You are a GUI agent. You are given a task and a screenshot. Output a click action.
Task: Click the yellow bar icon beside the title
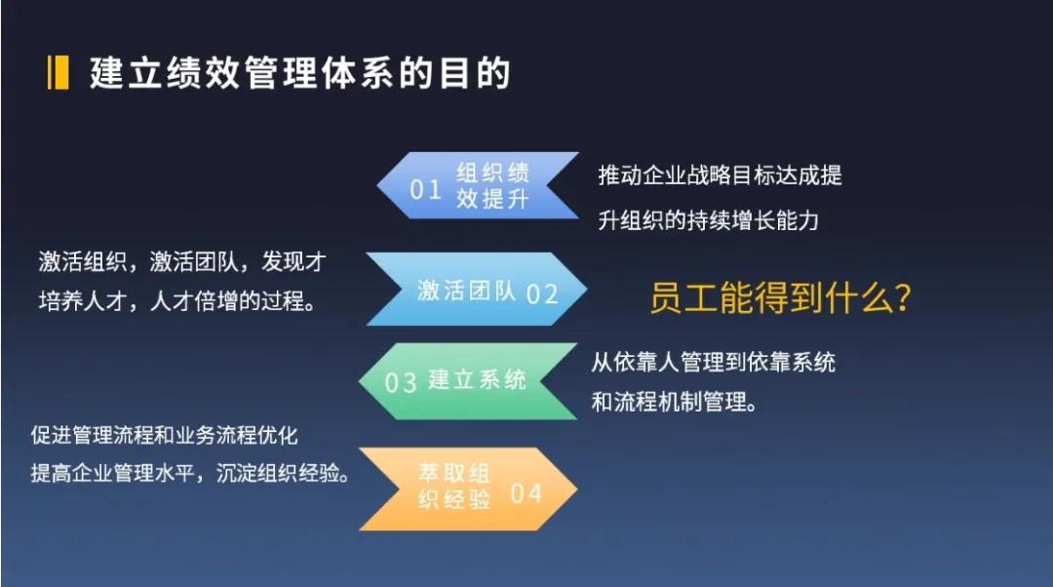tap(58, 72)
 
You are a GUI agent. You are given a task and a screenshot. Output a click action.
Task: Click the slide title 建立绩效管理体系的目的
tap(300, 72)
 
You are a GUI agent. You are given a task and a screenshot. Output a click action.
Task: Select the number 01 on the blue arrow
tap(426, 190)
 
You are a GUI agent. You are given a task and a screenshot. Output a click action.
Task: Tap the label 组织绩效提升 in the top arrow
tap(493, 186)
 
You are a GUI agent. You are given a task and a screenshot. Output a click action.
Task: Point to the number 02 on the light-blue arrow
tap(542, 294)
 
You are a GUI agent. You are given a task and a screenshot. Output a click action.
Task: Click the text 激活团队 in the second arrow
tap(467, 291)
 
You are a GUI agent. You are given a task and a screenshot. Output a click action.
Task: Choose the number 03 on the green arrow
tap(401, 383)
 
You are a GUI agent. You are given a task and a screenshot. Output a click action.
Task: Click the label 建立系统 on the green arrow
tap(478, 380)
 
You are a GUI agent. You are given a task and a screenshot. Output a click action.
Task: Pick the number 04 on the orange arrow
tap(526, 493)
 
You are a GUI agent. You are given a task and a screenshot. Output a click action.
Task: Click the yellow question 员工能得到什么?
tap(780, 296)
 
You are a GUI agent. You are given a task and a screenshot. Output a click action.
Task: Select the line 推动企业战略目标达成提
tap(720, 176)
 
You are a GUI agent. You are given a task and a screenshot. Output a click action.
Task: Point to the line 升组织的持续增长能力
tap(709, 220)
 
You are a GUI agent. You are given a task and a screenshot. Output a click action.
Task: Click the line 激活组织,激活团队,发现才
tap(182, 261)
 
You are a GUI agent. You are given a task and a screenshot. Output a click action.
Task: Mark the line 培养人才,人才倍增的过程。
tap(177, 301)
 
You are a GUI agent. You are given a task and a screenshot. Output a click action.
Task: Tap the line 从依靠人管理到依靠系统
tap(713, 363)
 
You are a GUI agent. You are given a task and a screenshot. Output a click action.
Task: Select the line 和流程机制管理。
tap(675, 403)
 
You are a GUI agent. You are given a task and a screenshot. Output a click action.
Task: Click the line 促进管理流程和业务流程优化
tap(165, 435)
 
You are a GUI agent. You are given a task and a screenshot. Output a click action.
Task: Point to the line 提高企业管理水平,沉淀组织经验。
tap(190, 474)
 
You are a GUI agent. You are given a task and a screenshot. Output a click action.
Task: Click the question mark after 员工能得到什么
tap(903, 297)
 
